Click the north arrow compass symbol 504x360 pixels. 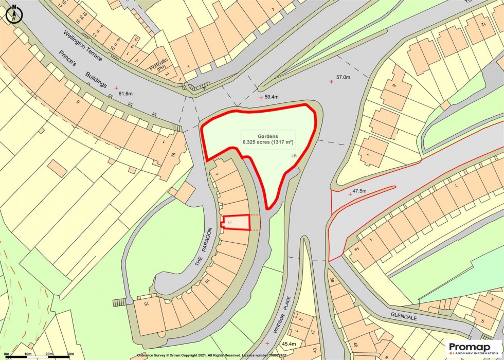point(13,14)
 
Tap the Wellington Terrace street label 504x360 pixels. point(83,46)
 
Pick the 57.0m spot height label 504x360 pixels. point(343,78)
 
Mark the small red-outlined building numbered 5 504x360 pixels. point(236,222)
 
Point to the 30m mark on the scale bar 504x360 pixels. point(70,354)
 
